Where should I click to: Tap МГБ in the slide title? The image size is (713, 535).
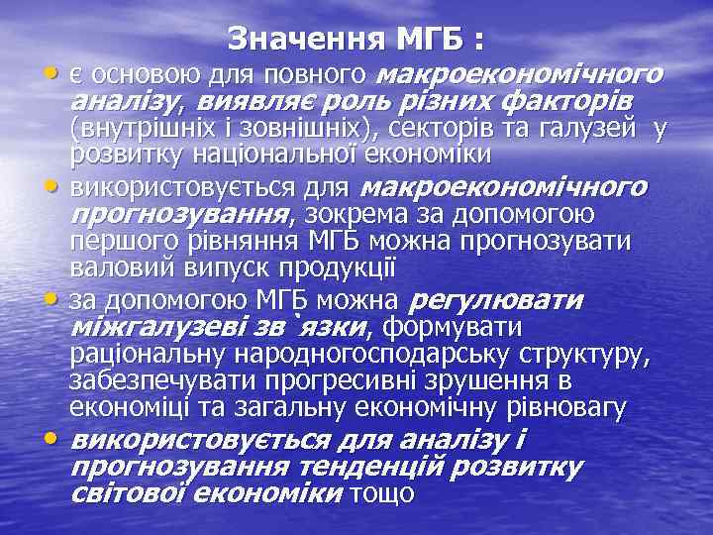[x=433, y=41]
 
